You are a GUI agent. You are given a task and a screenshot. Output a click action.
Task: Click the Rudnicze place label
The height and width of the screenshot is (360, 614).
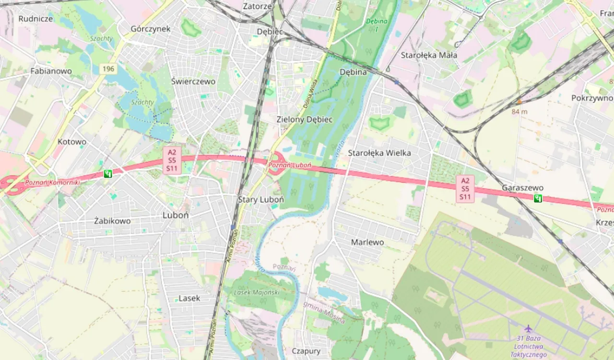pyautogui.click(x=35, y=19)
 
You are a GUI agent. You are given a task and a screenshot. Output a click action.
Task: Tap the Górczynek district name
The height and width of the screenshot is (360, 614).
pyautogui.click(x=151, y=29)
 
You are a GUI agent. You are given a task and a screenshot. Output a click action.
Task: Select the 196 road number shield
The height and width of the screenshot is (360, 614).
pyautogui.click(x=108, y=70)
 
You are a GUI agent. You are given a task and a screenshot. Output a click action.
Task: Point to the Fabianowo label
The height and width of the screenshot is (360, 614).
pyautogui.click(x=51, y=71)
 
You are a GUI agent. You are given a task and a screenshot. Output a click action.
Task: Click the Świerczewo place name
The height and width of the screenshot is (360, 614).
pyautogui.click(x=193, y=81)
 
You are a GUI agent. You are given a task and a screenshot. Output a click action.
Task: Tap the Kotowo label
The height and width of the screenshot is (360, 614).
pyautogui.click(x=72, y=142)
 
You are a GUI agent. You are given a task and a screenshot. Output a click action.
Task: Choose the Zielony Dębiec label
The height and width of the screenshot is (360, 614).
pyautogui.click(x=305, y=119)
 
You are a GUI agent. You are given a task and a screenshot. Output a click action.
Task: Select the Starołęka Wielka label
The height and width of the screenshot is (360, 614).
pyautogui.click(x=379, y=153)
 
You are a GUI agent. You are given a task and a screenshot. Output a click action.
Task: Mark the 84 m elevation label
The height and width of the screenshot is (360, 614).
pyautogui.click(x=520, y=111)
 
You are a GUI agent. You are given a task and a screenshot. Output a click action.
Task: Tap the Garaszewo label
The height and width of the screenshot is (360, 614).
pyautogui.click(x=522, y=187)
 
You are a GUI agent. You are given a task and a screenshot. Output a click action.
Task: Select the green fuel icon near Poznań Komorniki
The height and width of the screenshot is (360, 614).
pyautogui.click(x=108, y=174)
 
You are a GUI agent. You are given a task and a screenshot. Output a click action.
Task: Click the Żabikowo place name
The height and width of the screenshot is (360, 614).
pyautogui.click(x=112, y=221)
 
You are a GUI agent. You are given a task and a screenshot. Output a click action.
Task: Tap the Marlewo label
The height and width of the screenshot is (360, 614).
pyautogui.click(x=367, y=242)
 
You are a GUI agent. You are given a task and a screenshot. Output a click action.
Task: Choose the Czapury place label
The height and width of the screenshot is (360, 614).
pyautogui.click(x=306, y=351)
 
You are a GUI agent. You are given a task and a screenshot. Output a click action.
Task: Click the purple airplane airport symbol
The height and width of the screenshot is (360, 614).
pyautogui.click(x=528, y=328)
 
